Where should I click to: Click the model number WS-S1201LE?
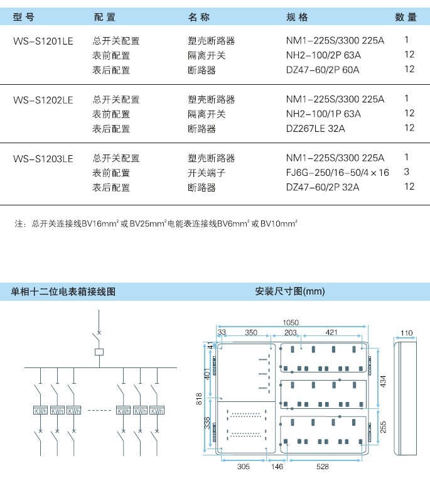[43, 41]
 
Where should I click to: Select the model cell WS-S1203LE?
[43, 159]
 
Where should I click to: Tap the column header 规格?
[297, 17]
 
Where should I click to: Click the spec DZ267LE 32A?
[316, 129]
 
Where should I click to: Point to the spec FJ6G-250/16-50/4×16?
[337, 173]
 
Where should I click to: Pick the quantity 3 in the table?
[407, 171]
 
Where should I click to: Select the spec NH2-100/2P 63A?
[323, 55]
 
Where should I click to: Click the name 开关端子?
[207, 173]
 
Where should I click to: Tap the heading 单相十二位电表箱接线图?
[63, 291]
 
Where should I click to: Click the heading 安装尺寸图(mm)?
[289, 291]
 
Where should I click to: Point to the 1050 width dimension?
[291, 322]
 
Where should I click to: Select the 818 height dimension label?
[199, 399]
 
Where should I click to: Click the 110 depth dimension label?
[406, 333]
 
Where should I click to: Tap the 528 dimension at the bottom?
[322, 467]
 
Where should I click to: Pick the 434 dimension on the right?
[383, 382]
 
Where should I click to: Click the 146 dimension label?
[277, 467]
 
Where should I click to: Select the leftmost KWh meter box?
[40, 410]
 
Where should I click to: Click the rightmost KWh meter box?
[157, 410]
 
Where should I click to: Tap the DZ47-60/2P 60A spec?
[323, 70]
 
